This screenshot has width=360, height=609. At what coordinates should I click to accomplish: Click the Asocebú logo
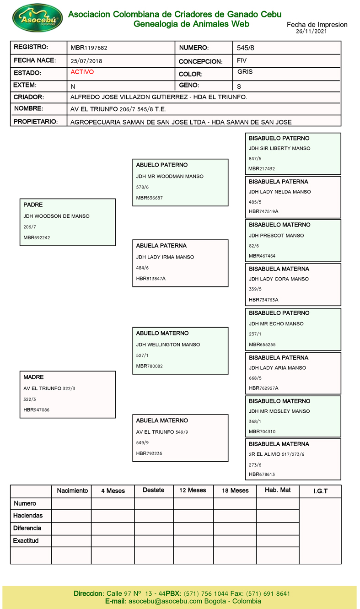click(38, 18)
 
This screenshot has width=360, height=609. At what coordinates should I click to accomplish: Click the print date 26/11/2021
click(311, 32)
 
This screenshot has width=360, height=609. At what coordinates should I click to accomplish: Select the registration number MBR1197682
click(89, 48)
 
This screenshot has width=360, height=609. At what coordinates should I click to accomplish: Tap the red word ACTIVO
click(82, 72)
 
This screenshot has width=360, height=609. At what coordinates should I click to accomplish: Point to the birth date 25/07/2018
click(86, 61)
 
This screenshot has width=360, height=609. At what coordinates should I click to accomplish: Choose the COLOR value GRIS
click(245, 72)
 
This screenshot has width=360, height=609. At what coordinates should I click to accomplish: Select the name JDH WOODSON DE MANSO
click(56, 216)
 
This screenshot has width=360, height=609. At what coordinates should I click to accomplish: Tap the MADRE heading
click(33, 377)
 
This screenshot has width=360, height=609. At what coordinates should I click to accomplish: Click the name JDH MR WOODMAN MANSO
click(170, 176)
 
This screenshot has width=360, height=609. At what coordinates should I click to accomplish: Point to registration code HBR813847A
click(150, 279)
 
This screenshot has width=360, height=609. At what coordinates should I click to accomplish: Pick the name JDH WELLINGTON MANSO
click(168, 345)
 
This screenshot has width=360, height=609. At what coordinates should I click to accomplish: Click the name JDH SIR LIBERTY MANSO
click(279, 148)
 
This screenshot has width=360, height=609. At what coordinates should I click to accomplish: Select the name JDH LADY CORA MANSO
click(279, 279)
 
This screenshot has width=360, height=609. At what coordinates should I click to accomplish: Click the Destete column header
click(153, 490)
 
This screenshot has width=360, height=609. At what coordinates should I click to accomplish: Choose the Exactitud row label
click(26, 541)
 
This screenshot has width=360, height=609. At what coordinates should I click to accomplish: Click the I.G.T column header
click(320, 491)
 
